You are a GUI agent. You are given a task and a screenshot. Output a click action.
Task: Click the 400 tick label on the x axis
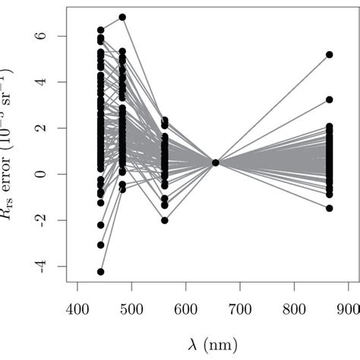point(77,311)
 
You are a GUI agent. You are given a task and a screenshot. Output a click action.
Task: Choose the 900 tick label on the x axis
point(349,311)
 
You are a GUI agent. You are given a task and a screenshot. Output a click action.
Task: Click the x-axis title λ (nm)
point(213,343)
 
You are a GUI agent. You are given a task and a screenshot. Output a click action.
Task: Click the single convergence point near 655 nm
point(216,163)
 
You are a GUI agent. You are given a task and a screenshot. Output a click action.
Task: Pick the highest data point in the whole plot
point(122,17)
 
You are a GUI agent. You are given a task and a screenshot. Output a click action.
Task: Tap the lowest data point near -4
point(100,271)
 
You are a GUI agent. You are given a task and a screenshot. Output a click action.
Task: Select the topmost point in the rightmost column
point(330,55)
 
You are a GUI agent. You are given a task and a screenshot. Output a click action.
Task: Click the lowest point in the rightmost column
point(330,207)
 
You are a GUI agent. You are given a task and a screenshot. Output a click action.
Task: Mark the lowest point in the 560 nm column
point(164,220)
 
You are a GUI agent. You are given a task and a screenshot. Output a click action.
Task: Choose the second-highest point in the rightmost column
point(330,99)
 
